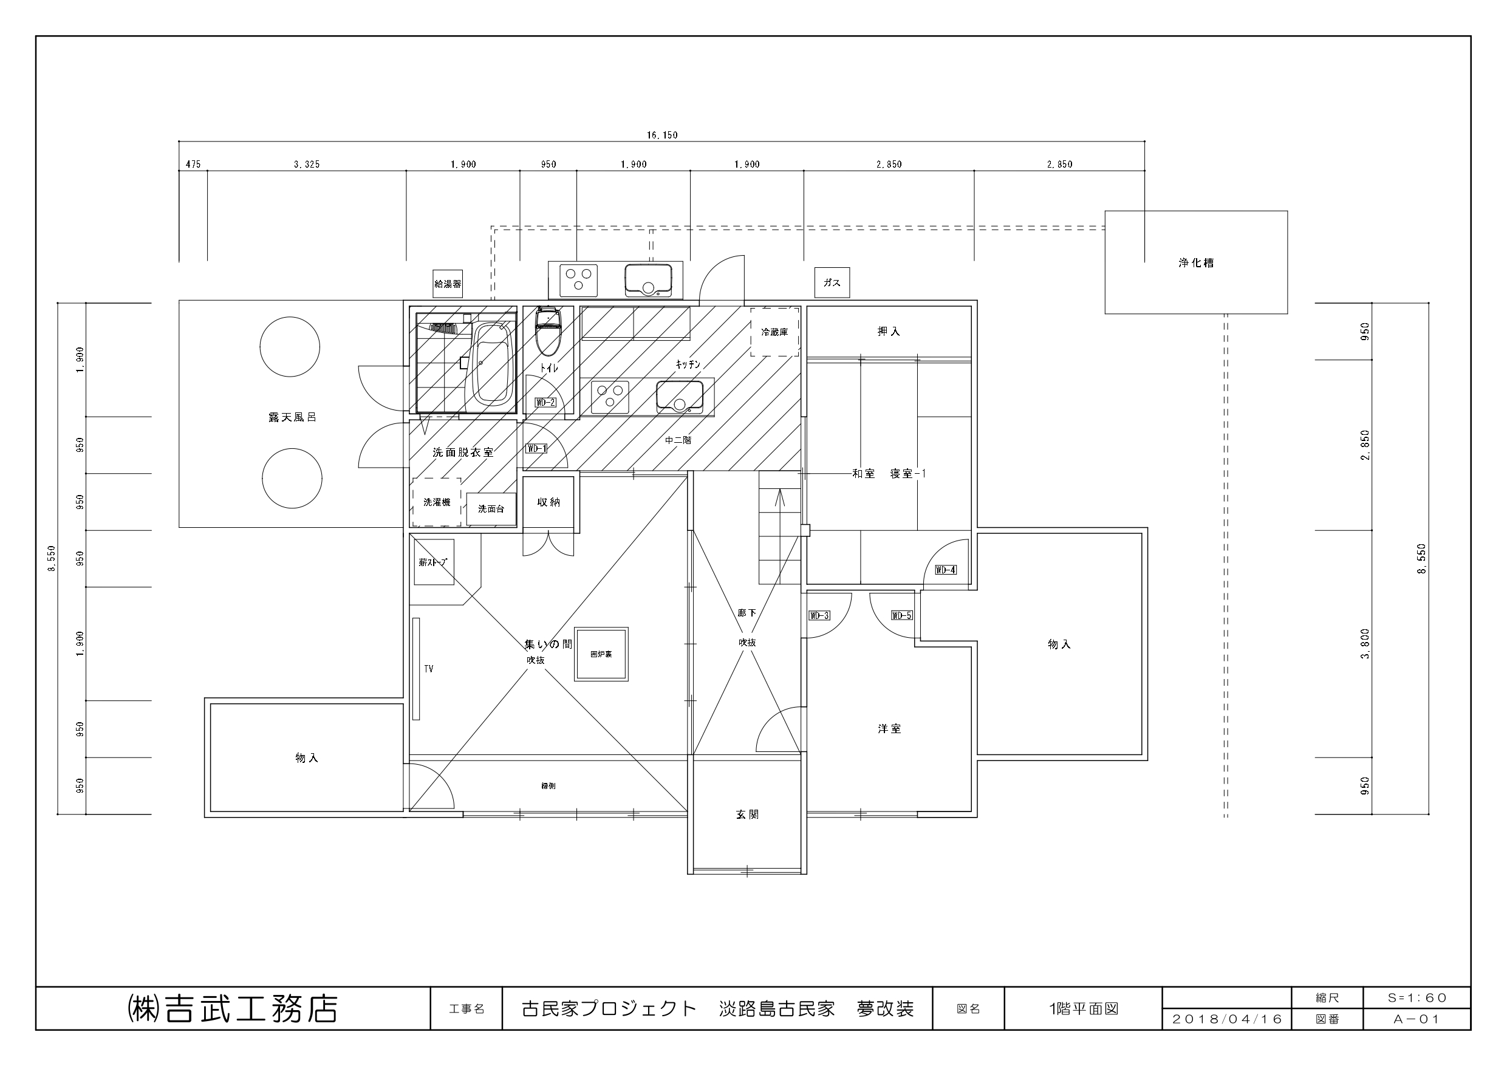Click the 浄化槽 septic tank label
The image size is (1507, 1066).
(1196, 262)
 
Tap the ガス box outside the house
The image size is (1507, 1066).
(832, 283)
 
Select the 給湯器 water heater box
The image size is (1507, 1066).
(448, 284)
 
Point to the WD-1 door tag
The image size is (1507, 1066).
(536, 448)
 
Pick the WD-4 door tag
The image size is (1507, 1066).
(945, 570)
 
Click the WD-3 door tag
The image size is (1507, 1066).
(819, 615)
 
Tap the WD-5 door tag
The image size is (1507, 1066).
(902, 615)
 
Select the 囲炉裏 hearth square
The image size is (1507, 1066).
(601, 654)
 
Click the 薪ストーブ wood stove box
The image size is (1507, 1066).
(433, 562)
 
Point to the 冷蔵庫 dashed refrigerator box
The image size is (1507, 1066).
(775, 332)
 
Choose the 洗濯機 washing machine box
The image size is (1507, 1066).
(437, 502)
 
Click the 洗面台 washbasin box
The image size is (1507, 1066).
(491, 509)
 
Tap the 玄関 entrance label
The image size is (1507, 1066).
(747, 815)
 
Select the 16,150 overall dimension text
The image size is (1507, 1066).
(661, 135)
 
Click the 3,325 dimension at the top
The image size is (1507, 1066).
(307, 164)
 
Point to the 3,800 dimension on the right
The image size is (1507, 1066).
(1366, 644)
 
